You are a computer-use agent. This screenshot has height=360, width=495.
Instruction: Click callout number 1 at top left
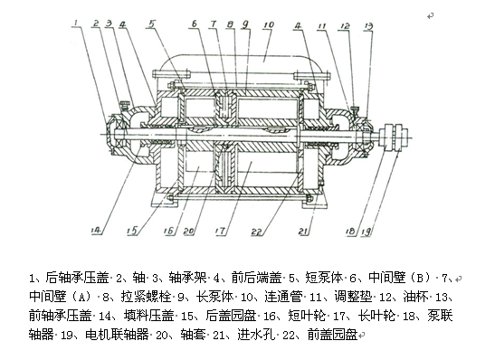coord(76,23)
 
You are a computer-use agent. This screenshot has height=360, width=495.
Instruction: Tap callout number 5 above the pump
coord(152,24)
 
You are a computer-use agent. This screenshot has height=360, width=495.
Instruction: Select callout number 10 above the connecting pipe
coord(269,25)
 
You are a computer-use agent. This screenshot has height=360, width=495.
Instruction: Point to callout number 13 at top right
coord(368,26)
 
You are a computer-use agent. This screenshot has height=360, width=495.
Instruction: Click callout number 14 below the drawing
coord(96,231)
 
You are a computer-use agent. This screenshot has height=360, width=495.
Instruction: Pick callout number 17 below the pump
coord(220,232)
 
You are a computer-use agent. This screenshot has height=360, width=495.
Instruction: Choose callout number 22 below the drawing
coord(256,232)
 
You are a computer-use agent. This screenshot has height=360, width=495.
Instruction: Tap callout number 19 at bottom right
coord(366,232)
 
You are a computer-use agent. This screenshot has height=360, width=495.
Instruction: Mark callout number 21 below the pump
coord(303,232)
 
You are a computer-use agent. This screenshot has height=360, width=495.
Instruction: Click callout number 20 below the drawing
coord(188,232)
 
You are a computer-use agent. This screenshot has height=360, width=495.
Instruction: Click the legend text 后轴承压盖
coord(77,278)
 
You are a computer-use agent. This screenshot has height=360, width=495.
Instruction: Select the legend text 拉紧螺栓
coord(146,297)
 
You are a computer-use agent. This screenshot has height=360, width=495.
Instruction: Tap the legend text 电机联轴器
coord(117,334)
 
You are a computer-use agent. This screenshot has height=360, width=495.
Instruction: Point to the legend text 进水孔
coord(256,334)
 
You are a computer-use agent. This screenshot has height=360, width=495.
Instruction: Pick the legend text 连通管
coord(283,297)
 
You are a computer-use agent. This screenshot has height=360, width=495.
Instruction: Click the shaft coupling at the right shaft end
coord(394,137)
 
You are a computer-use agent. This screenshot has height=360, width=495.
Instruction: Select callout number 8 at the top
coord(231,24)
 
